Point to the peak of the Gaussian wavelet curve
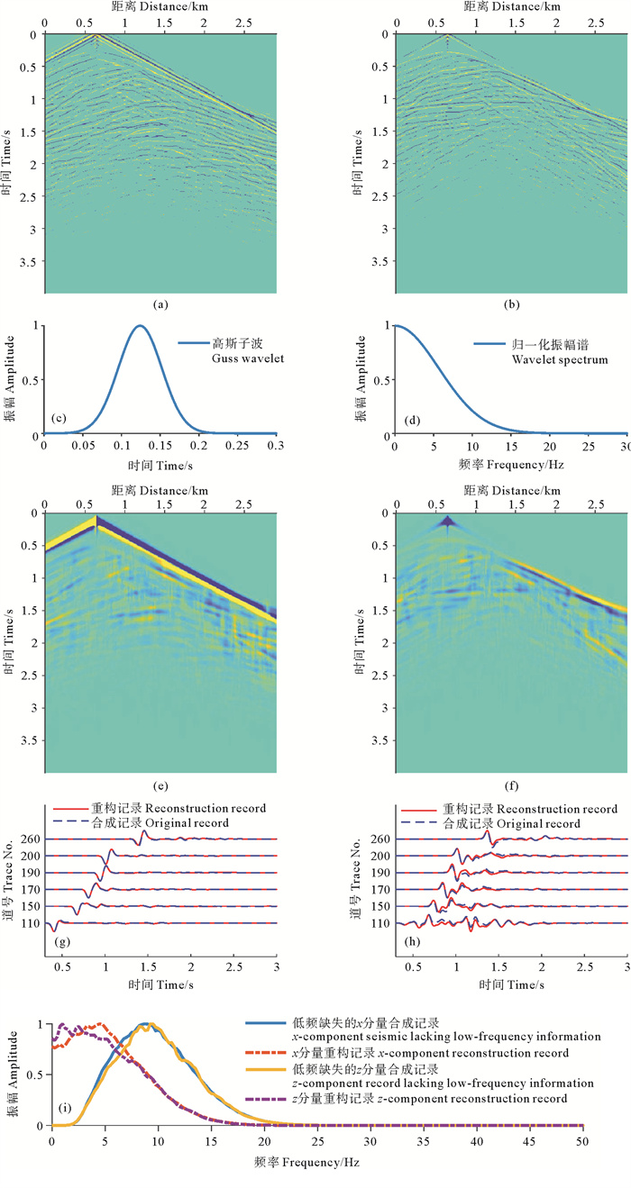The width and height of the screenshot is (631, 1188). (x=139, y=326)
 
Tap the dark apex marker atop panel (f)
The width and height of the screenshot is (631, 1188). (x=447, y=522)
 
